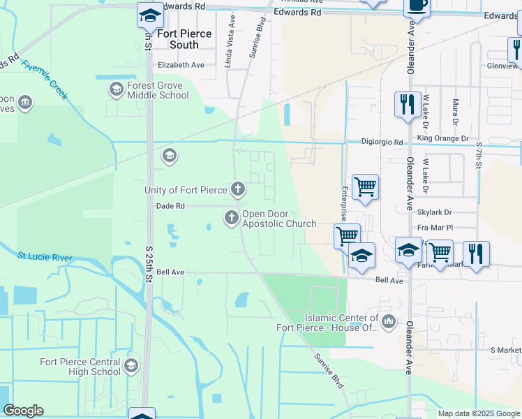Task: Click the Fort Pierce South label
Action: pos(168,39)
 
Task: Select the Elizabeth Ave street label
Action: pos(180,64)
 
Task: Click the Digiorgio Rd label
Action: pos(382,142)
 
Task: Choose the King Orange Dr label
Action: pos(442,139)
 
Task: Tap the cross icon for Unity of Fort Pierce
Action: pos(238,189)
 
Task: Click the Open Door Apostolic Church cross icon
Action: pos(231,219)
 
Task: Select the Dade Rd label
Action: pos(170,206)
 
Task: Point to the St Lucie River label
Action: pos(45,258)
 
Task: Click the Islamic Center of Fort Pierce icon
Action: pos(389,322)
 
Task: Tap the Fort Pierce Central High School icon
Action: pos(130,366)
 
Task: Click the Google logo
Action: pos(23,411)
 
